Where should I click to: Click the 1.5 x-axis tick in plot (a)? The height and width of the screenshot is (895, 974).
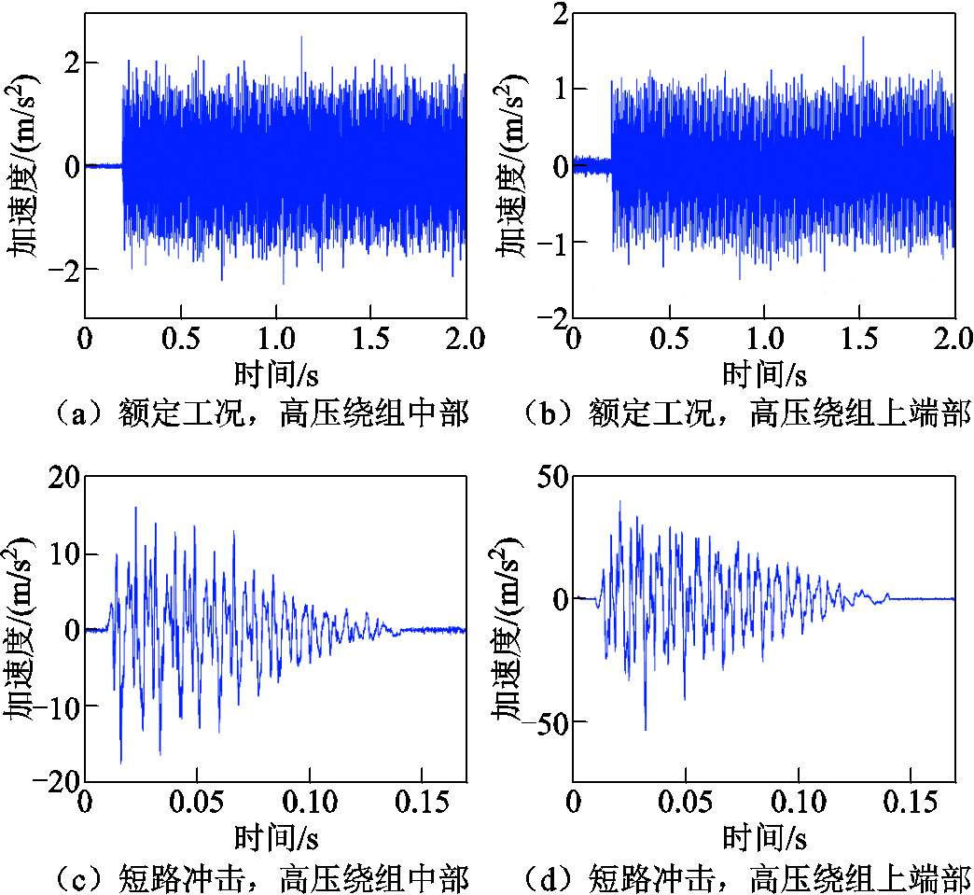(371, 336)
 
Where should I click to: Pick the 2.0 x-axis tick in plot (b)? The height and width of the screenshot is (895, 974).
(953, 336)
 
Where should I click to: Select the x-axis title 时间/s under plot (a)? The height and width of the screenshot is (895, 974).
(276, 373)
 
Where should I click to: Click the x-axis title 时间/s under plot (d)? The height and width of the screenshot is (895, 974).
(765, 838)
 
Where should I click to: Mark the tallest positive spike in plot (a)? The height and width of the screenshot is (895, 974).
(301, 37)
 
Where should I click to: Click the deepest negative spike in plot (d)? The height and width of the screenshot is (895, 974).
(645, 729)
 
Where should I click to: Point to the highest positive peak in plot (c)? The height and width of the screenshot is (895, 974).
(136, 508)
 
